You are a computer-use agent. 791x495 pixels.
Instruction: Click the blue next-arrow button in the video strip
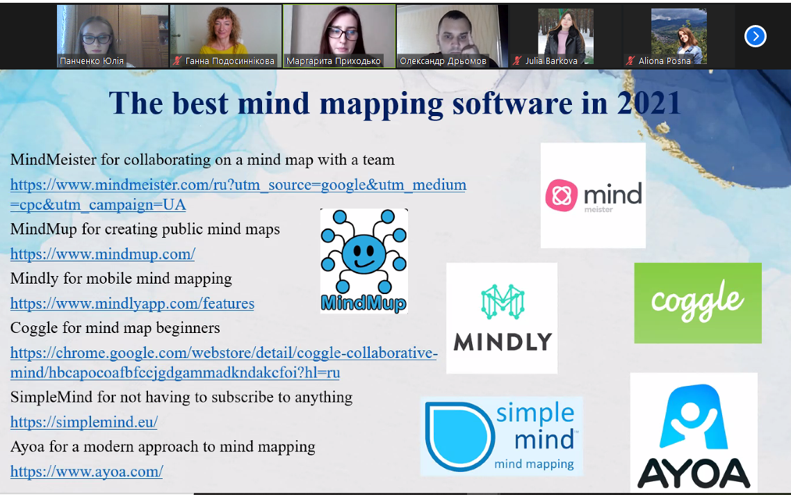point(755,36)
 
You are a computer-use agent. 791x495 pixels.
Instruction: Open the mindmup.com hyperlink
point(102,254)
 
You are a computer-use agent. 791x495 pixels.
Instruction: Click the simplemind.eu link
point(83,422)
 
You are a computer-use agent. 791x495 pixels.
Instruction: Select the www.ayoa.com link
point(86,471)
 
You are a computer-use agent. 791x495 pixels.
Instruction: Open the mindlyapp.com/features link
point(132,303)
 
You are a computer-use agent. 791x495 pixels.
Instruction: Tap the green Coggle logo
point(698,302)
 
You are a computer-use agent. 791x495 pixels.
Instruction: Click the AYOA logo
point(694,432)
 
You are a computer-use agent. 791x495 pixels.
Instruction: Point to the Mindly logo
point(502,318)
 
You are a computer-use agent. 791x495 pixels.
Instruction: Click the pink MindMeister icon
point(561,195)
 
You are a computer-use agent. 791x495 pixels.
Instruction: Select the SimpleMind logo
point(501,437)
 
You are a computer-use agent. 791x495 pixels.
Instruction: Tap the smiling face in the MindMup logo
point(364,253)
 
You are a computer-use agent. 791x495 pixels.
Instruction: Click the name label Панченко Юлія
point(92,61)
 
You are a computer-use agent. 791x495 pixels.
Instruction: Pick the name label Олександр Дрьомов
point(443,61)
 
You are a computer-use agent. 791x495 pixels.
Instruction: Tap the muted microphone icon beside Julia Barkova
point(517,61)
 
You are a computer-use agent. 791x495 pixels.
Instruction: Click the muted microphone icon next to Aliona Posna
point(630,61)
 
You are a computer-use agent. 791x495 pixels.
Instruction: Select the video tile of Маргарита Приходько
point(339,36)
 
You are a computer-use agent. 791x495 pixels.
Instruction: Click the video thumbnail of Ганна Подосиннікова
point(225,36)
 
